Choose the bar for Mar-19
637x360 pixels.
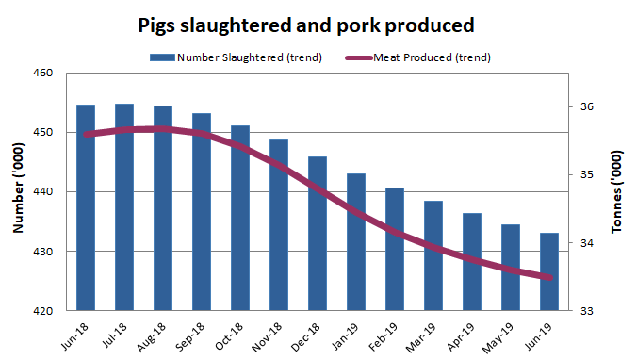click(x=433, y=255)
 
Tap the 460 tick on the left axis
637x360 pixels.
click(x=43, y=73)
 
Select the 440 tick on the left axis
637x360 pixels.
click(x=43, y=192)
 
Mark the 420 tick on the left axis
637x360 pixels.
click(x=43, y=311)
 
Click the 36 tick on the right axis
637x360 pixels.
click(x=585, y=107)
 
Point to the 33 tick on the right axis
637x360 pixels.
click(x=585, y=311)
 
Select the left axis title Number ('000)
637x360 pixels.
click(x=18, y=192)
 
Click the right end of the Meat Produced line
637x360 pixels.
click(x=551, y=277)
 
